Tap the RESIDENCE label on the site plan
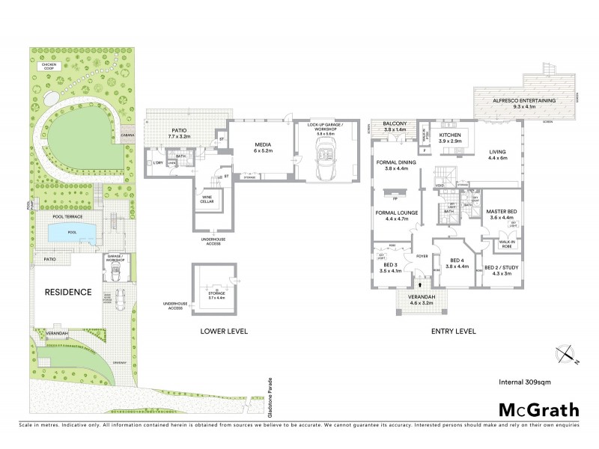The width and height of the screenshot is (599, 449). coord(68,292)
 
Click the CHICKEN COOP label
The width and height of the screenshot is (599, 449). coord(44,65)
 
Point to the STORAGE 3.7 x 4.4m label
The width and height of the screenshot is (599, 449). coord(216,296)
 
